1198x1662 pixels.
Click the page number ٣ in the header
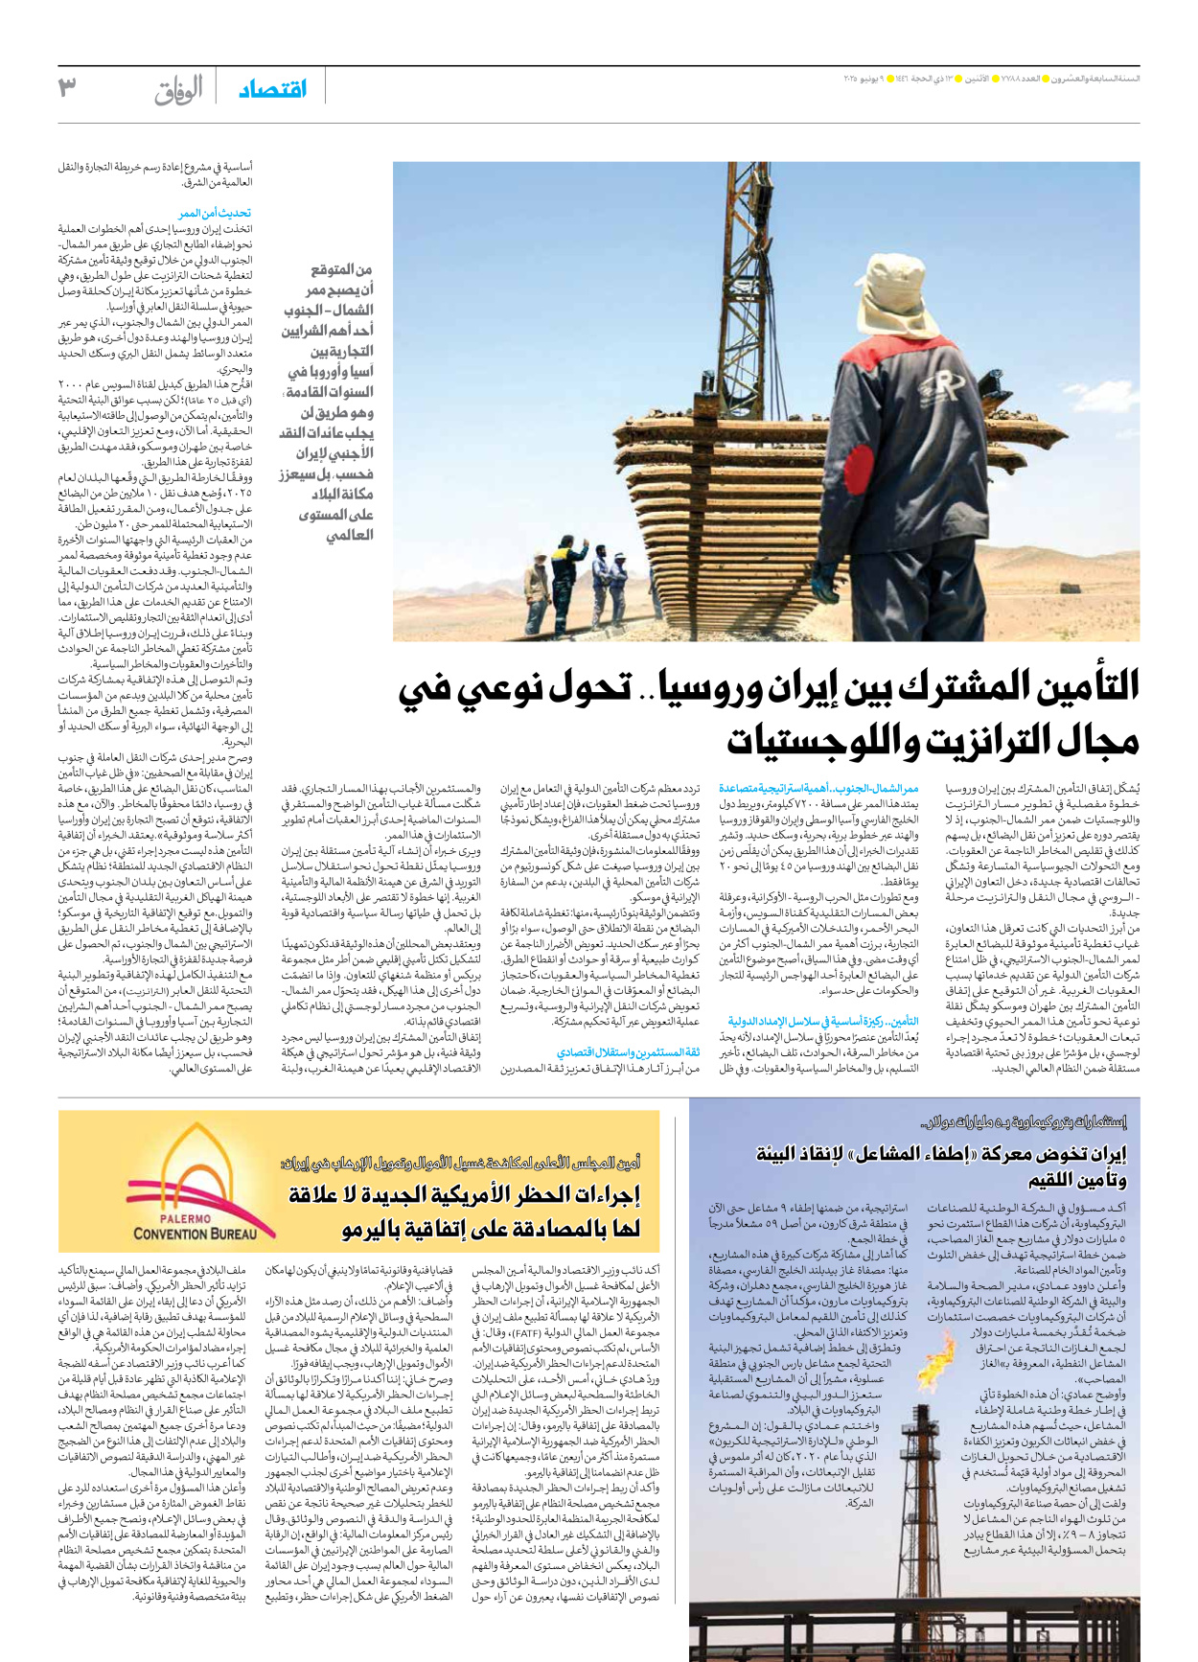[x=66, y=88]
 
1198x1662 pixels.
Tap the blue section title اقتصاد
[x=272, y=89]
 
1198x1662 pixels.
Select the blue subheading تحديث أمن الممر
[x=215, y=213]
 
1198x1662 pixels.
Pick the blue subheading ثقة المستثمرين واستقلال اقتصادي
[x=629, y=1051]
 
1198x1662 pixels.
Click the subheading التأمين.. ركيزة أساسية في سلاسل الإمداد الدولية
[x=822, y=1022]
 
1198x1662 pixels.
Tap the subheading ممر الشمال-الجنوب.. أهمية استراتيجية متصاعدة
[x=818, y=788]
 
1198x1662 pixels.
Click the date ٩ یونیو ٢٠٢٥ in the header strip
[x=867, y=78]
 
